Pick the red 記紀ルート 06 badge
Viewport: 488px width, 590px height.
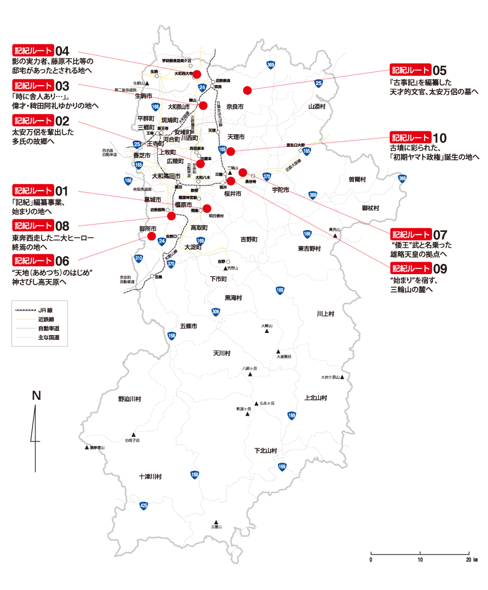33,260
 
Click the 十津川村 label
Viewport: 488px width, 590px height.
150,476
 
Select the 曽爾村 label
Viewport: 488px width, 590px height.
357,179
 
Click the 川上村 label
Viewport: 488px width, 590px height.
325,314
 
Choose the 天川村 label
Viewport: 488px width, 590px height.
221,353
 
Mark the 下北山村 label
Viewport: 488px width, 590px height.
265,451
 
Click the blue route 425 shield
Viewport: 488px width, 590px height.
144,505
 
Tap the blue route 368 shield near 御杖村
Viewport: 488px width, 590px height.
403,179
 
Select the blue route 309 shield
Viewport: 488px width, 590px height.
216,312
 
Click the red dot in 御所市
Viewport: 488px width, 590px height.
152,236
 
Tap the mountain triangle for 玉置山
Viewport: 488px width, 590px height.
216,521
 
